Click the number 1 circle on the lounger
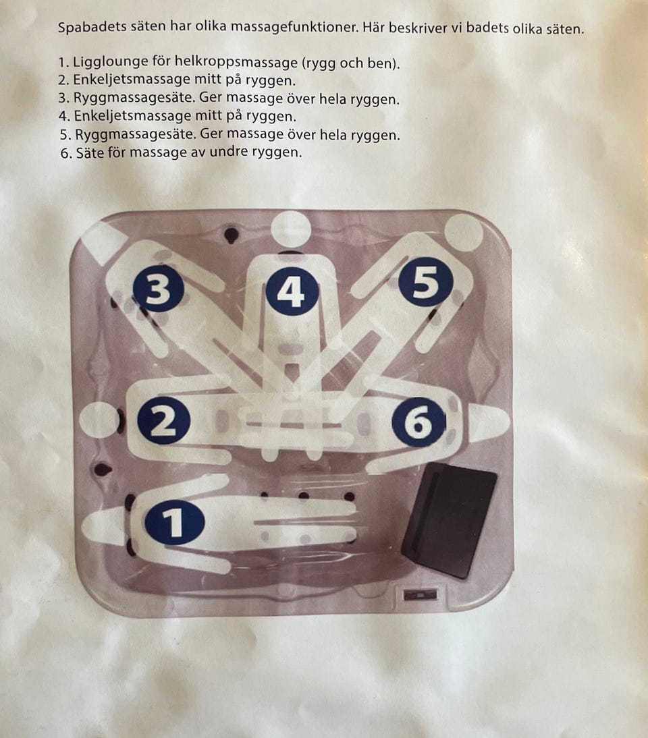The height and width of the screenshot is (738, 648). pyautogui.click(x=175, y=522)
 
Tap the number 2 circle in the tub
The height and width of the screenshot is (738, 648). pyautogui.click(x=163, y=421)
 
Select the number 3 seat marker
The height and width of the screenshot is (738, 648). pyautogui.click(x=158, y=289)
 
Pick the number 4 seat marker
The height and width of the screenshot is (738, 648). pyautogui.click(x=292, y=290)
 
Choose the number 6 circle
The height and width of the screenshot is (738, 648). pyautogui.click(x=418, y=422)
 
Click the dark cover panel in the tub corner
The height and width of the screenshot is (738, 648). pyautogui.click(x=450, y=520)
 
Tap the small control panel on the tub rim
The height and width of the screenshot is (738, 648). pyautogui.click(x=420, y=594)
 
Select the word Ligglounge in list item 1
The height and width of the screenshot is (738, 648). pyautogui.click(x=110, y=62)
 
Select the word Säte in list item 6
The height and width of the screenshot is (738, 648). pyautogui.click(x=92, y=152)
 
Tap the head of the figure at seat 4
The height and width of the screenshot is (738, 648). pyautogui.click(x=291, y=228)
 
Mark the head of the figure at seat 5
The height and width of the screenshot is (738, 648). pyautogui.click(x=464, y=233)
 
